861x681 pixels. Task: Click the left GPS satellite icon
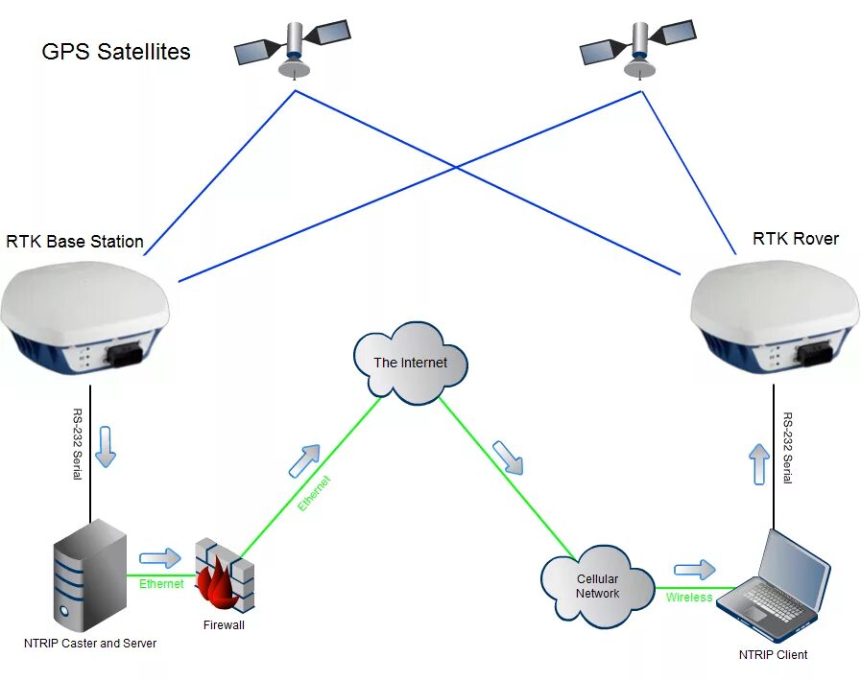(292, 47)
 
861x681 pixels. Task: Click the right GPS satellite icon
(637, 45)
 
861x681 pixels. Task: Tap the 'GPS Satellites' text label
(116, 52)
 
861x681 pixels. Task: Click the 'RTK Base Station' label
(75, 242)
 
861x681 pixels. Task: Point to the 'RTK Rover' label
(795, 239)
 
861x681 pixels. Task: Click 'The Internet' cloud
(411, 363)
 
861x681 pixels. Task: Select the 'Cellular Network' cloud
(597, 586)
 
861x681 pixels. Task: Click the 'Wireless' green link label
(689, 598)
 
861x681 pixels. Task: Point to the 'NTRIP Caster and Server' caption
(90, 643)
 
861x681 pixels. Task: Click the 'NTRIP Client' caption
(773, 655)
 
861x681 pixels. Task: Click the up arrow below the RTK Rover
(759, 463)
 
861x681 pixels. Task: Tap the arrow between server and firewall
(159, 558)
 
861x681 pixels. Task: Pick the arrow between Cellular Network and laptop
(695, 570)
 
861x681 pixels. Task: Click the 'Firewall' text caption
(224, 625)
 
